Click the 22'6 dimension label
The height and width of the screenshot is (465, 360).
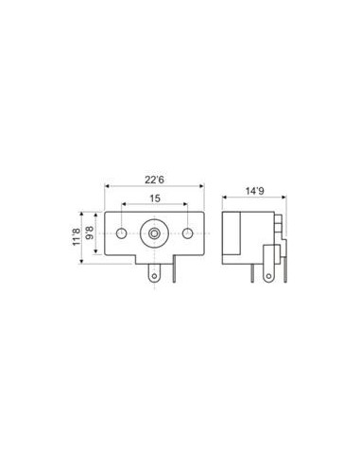(154, 180)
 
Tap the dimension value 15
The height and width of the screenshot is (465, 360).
(155, 198)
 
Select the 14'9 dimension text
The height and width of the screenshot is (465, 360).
(255, 191)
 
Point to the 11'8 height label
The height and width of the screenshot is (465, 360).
(77, 237)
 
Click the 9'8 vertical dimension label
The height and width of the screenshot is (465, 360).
(90, 232)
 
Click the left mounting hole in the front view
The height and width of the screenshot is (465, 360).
(121, 233)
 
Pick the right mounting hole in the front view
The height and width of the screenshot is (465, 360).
(187, 233)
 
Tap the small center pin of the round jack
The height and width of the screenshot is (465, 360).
(154, 233)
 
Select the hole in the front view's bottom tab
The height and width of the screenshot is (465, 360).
(154, 276)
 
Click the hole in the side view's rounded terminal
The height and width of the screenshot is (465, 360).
(268, 276)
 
